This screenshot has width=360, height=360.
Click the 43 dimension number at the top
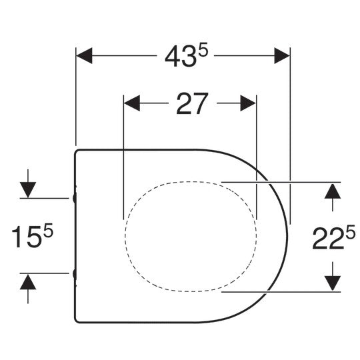click(181, 57)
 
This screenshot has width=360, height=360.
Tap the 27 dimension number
click(193, 104)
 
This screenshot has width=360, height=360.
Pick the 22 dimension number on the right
click(328, 238)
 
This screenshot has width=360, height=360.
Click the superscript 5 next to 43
click(203, 49)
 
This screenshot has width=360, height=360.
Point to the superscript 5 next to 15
click(49, 230)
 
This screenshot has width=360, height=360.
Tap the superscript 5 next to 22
click(351, 232)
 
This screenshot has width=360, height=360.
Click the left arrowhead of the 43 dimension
click(84, 55)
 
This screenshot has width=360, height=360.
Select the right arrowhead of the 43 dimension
click(282, 55)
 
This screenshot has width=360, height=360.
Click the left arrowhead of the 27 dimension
click(132, 103)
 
